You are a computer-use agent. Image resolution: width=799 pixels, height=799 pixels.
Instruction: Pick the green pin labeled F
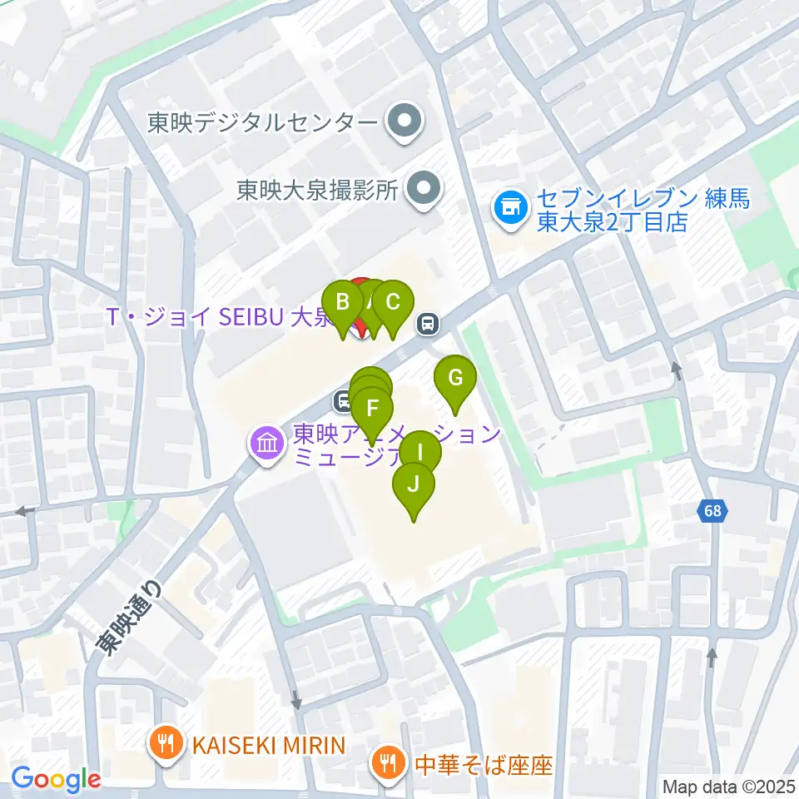pyautogui.click(x=373, y=409)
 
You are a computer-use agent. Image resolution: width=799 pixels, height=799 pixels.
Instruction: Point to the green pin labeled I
pyautogui.click(x=419, y=454)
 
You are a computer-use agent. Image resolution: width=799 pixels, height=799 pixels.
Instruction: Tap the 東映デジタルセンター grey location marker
pyautogui.click(x=405, y=123)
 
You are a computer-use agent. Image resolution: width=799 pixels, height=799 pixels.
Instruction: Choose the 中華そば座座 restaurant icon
pyautogui.click(x=388, y=763)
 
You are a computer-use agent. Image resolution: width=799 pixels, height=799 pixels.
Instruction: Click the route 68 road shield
pyautogui.click(x=712, y=512)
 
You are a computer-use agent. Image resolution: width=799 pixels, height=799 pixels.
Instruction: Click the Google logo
pyautogui.click(x=57, y=779)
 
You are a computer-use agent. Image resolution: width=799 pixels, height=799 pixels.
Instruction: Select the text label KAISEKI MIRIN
pyautogui.click(x=268, y=744)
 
